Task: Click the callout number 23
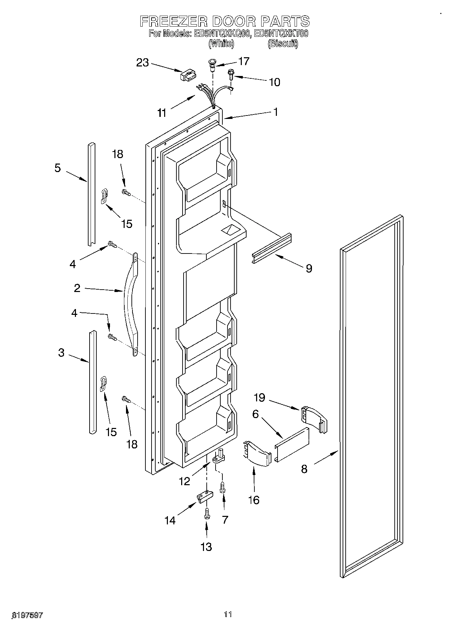(x=143, y=63)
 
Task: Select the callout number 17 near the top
(x=244, y=61)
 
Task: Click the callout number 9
(x=309, y=268)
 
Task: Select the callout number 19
(x=260, y=398)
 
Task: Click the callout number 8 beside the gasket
(x=304, y=469)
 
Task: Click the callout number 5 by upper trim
(x=58, y=168)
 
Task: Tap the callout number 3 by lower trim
(x=61, y=353)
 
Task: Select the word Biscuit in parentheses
(x=283, y=44)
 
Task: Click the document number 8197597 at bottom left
(x=27, y=615)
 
